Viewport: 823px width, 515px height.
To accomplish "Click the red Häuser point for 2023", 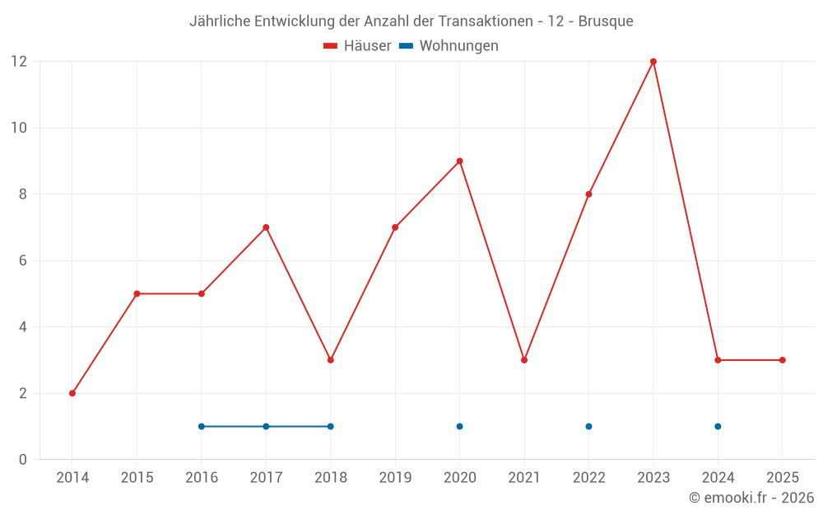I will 653,62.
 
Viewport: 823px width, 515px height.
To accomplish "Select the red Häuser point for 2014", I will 72,393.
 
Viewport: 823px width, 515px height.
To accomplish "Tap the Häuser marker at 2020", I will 459,161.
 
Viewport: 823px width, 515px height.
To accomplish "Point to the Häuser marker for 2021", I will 524,360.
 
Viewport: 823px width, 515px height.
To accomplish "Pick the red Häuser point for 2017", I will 266,227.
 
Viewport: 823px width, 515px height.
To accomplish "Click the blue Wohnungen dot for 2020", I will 459,426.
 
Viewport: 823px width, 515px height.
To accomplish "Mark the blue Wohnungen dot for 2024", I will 718,426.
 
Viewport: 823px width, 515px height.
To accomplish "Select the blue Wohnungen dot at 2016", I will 202,426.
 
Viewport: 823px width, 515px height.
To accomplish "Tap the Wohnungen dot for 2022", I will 588,426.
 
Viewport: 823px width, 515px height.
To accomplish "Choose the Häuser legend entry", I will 357,46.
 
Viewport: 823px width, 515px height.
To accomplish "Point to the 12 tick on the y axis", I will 18,62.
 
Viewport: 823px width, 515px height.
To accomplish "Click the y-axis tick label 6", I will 23,260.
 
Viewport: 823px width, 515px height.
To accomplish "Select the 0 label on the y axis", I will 23,459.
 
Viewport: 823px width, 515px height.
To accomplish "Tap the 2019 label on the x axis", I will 395,478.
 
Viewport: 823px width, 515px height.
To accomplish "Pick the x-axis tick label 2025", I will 782,478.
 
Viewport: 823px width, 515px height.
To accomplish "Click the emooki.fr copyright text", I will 751,498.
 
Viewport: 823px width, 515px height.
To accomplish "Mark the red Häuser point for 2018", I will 331,360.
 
